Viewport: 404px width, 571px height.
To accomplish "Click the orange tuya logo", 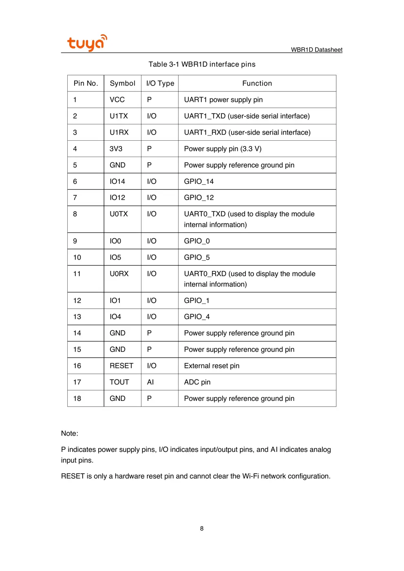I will pos(87,42).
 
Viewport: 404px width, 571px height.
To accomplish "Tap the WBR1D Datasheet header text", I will pos(316,50).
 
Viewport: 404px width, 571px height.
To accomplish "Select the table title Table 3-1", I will pos(202,64).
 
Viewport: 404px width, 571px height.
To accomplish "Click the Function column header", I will pos(257,83).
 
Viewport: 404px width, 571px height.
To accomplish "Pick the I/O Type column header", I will pos(160,83).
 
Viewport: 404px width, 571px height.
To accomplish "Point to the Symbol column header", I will pos(122,83).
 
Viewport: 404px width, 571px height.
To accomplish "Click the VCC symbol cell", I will pos(117,100).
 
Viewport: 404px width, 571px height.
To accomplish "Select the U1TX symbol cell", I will pos(119,116).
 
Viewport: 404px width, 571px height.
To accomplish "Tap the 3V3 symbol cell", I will pos(116,148).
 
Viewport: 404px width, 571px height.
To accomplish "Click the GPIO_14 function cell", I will pos(199,181).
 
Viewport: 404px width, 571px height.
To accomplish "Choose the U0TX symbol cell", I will pos(119,214).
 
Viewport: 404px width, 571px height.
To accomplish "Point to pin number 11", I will pos(77,274).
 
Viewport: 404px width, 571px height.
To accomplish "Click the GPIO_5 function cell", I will pos(196,257).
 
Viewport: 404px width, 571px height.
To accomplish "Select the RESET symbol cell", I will pos(121,366).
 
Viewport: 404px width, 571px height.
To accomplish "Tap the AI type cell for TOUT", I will pos(150,382).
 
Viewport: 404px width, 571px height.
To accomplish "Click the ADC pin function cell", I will pos(197,382).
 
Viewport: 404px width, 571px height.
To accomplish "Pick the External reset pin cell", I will pos(212,366).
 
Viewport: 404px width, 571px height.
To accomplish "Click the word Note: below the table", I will pos(70,433).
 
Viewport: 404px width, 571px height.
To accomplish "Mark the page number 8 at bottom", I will pos(201,528).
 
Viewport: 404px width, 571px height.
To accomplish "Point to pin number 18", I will pos(77,398).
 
